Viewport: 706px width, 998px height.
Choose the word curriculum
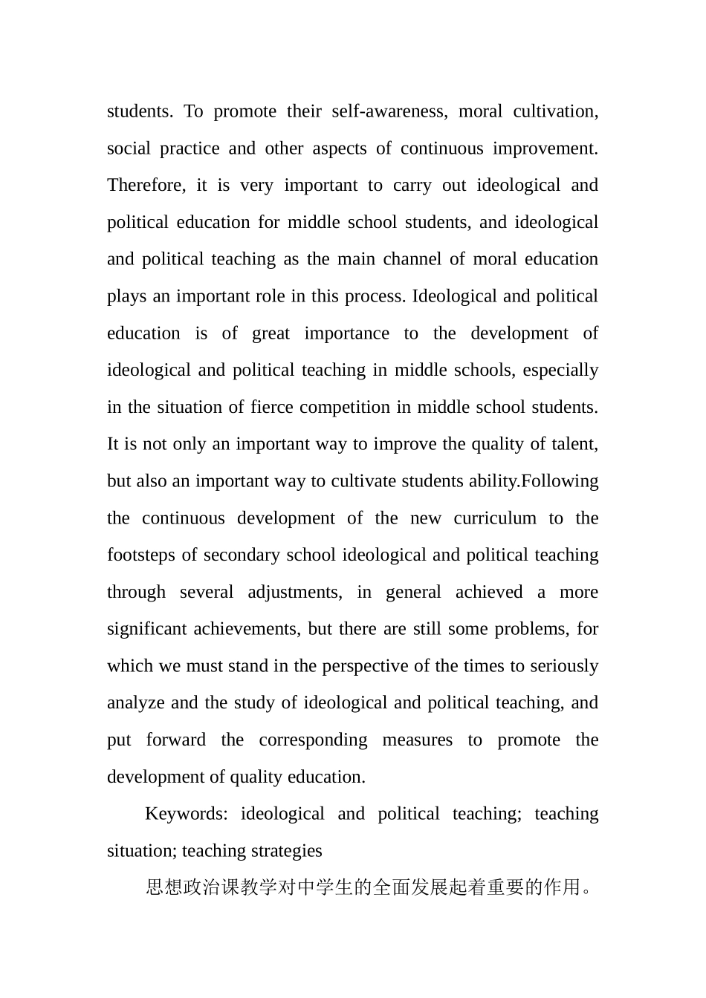(495, 518)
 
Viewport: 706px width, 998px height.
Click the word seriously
(564, 666)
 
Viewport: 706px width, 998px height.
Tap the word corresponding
(313, 740)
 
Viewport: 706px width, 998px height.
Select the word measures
(417, 740)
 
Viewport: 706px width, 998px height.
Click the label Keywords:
(186, 814)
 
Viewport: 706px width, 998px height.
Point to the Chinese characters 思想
(163, 887)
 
